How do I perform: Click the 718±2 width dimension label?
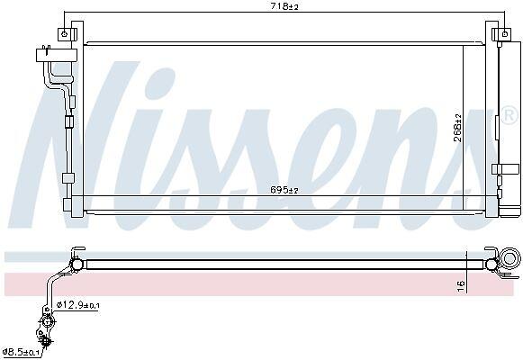click(284, 6)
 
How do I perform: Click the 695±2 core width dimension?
click(284, 190)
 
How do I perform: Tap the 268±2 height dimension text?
click(458, 128)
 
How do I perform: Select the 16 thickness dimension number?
click(461, 286)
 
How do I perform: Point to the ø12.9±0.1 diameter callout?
click(78, 305)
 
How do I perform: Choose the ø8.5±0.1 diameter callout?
click(21, 352)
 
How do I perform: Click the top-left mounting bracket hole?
click(65, 33)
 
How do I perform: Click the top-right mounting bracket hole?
click(505, 33)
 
